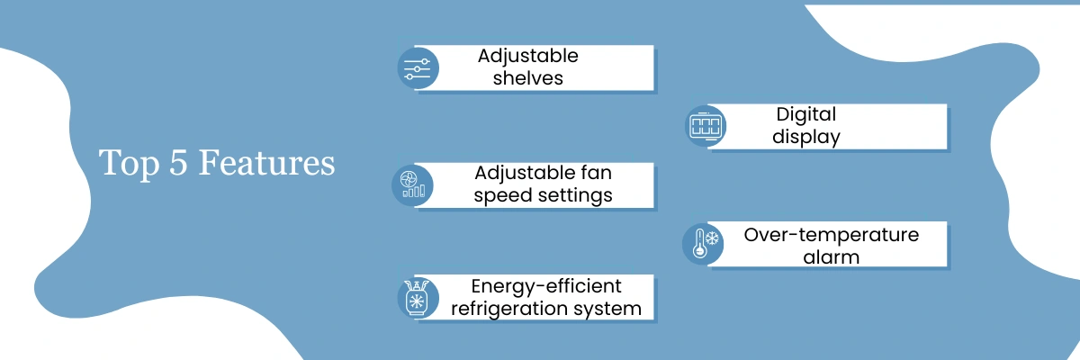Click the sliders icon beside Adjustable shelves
[417, 68]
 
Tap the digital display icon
[706, 126]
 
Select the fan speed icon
[413, 185]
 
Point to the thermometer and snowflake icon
[705, 244]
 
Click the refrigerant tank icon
[416, 298]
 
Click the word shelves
[528, 78]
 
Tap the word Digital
[806, 114]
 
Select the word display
[806, 138]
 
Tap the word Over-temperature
[832, 235]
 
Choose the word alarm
[832, 257]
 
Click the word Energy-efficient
[546, 287]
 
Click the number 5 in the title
[178, 162]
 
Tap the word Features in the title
[266, 162]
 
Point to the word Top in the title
[129, 165]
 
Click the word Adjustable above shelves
[528, 57]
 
